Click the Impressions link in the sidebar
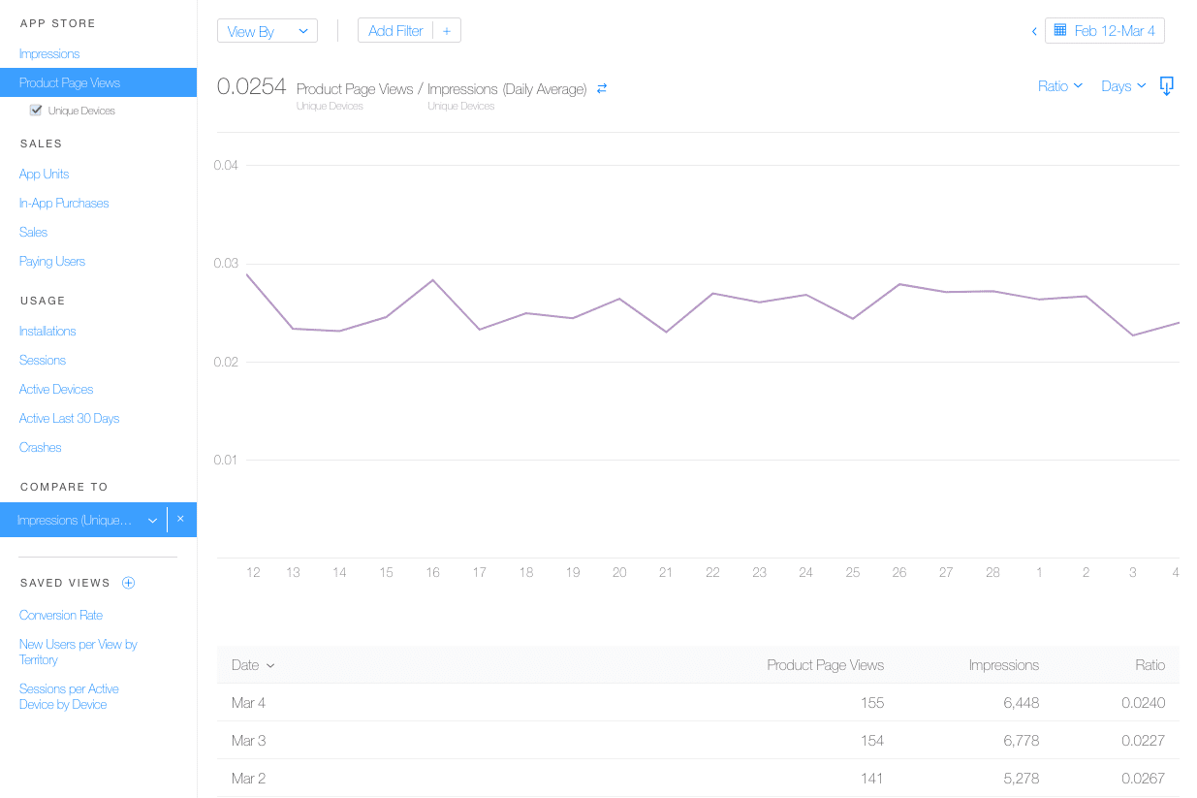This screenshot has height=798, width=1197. [49, 54]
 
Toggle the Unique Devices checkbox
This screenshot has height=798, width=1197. [36, 111]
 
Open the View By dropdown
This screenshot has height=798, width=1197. [268, 31]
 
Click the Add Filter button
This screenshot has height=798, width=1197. [395, 31]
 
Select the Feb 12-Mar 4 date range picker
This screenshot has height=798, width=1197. [1105, 31]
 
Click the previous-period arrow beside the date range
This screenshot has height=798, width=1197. [1034, 31]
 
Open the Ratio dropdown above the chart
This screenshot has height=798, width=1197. [1059, 86]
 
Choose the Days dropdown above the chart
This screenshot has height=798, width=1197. [1123, 86]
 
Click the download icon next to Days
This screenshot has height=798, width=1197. [1167, 86]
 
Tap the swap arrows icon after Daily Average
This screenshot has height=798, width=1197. [602, 88]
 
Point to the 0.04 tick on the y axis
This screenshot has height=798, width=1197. [226, 166]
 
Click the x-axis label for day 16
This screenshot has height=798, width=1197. [432, 573]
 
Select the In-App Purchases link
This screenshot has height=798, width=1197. [64, 204]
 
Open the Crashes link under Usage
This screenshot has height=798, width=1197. [41, 448]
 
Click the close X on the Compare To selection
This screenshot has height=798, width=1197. [180, 520]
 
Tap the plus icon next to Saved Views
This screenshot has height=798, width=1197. [128, 583]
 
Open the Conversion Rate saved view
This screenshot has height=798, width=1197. [61, 616]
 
